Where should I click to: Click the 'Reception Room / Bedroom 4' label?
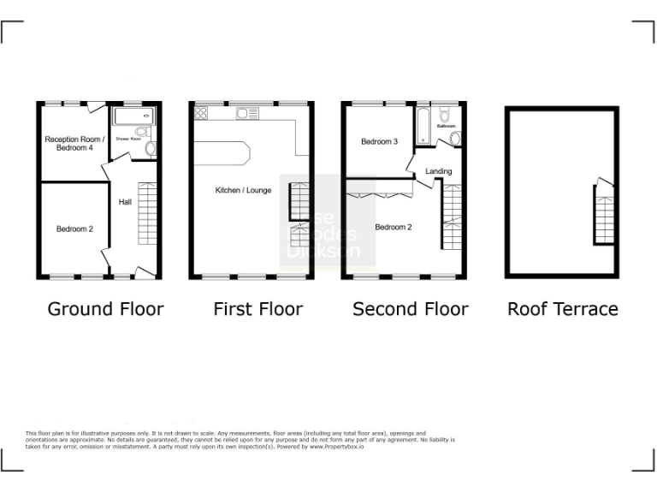[75, 144]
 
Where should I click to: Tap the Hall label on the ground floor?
[125, 202]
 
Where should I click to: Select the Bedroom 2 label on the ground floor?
[75, 229]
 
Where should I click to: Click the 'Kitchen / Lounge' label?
[243, 190]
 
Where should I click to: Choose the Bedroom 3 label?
[379, 141]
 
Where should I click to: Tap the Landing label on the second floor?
[439, 172]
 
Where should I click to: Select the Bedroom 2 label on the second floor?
[394, 227]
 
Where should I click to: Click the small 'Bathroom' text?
[447, 126]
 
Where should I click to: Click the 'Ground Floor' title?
[105, 309]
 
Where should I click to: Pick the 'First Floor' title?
[258, 309]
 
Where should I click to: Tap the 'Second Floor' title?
[411, 309]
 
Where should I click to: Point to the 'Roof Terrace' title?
[563, 309]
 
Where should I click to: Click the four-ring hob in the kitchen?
[202, 112]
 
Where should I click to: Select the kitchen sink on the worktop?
[248, 113]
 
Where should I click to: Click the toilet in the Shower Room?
[151, 148]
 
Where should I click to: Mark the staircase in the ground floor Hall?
[148, 214]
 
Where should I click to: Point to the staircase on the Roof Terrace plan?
[605, 214]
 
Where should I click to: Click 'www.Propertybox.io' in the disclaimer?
[336, 447]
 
